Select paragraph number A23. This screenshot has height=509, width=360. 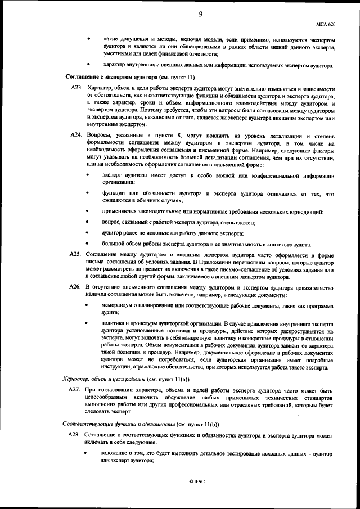[76, 89]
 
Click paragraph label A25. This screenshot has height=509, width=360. [76, 255]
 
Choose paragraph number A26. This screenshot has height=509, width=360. [76, 287]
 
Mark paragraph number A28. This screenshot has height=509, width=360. [76, 436]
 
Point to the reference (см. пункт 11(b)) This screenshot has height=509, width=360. [192, 425]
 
